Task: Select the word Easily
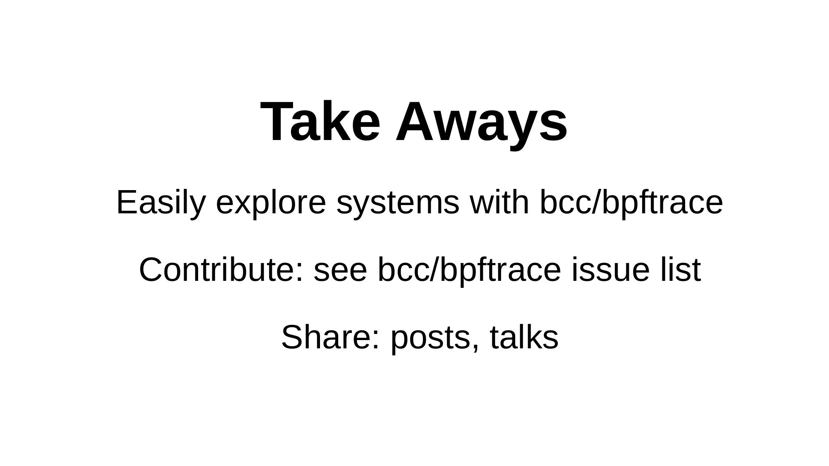point(161,203)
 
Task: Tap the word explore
point(271,203)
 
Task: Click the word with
point(499,202)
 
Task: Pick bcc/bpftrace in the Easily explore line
point(631,203)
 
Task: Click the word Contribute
point(217,270)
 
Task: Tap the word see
point(340,274)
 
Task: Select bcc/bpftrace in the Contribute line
point(469,270)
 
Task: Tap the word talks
point(524,337)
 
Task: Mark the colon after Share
point(376,341)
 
